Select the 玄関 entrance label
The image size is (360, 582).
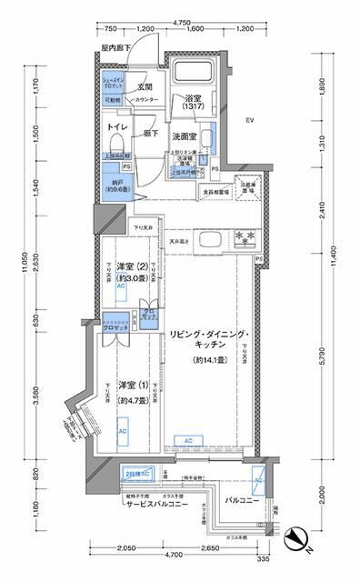tap(144, 87)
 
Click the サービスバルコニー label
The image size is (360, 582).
tap(146, 503)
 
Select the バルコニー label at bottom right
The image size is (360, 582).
tap(243, 500)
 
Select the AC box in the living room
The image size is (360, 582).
tap(187, 441)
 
